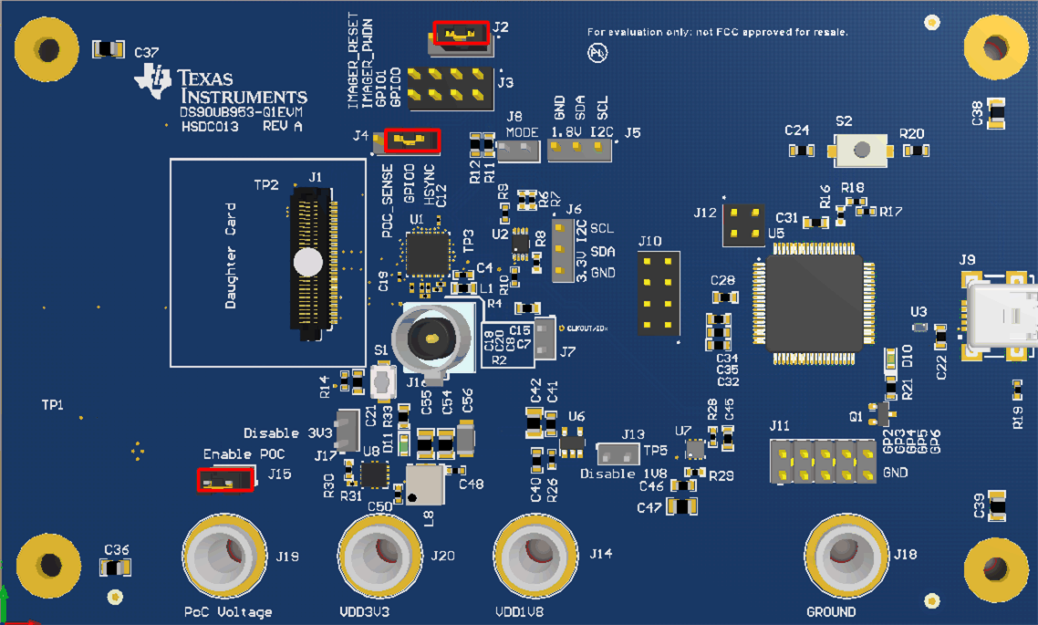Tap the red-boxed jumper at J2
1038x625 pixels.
(461, 34)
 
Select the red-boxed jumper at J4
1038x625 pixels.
(412, 141)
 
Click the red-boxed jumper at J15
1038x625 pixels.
(225, 479)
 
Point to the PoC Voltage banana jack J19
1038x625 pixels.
(224, 557)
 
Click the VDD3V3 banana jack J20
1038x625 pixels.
(380, 557)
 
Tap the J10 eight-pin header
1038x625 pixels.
(658, 292)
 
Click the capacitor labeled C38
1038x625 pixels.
(996, 113)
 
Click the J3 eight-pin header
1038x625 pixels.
(451, 85)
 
